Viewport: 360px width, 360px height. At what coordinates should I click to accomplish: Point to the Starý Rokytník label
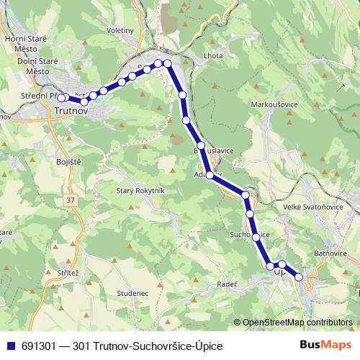[x=141, y=190]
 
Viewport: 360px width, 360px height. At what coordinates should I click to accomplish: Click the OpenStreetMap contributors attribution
[x=297, y=323]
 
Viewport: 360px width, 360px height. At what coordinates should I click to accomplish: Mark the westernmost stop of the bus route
[x=61, y=98]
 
